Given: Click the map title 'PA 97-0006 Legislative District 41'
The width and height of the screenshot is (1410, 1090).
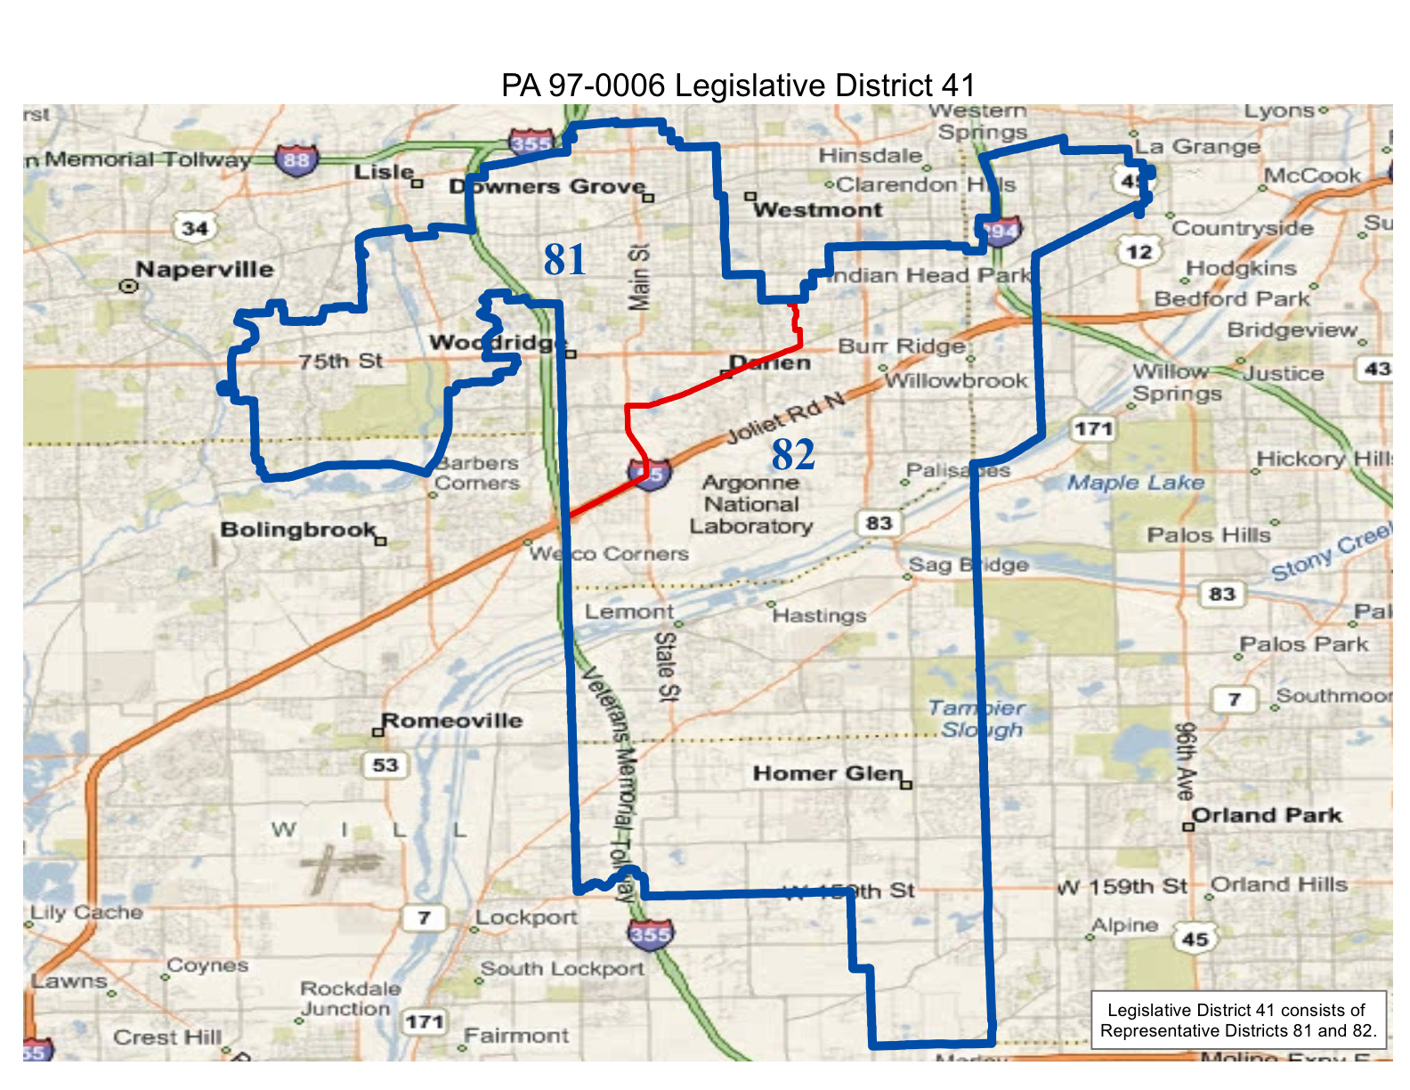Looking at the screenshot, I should [x=738, y=85].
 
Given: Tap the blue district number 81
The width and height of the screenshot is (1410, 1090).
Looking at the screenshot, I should [x=565, y=260].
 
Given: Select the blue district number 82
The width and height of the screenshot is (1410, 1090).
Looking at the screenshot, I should [x=793, y=455].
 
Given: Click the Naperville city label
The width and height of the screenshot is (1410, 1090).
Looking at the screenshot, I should [x=205, y=270].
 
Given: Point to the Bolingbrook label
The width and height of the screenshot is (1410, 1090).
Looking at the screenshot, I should [x=298, y=530].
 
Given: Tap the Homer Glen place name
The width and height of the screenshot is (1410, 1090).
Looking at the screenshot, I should [x=828, y=773].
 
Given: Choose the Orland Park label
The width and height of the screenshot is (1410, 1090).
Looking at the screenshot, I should [x=1266, y=816].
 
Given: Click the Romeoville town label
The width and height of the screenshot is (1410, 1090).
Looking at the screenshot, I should [x=452, y=720].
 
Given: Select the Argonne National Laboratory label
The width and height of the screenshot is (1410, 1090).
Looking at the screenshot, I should [x=751, y=504].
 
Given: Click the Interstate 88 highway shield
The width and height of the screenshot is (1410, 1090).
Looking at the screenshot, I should [x=296, y=160].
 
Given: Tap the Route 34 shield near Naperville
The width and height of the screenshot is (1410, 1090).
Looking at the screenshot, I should [x=195, y=228].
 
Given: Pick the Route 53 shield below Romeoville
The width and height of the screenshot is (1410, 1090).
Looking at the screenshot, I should [x=385, y=765].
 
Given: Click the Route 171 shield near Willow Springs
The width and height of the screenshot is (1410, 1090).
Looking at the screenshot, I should [x=1093, y=429].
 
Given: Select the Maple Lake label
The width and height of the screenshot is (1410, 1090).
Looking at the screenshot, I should [x=1136, y=483].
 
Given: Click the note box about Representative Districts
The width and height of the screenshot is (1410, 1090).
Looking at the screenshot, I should [x=1238, y=1021].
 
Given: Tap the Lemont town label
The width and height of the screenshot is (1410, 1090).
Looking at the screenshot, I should [x=629, y=612].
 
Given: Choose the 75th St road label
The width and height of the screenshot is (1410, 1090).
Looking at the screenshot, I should [x=340, y=362].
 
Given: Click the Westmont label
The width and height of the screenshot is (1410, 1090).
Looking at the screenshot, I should [x=817, y=210].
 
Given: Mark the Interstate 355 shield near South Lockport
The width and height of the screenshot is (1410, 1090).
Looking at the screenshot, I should [x=650, y=934].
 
